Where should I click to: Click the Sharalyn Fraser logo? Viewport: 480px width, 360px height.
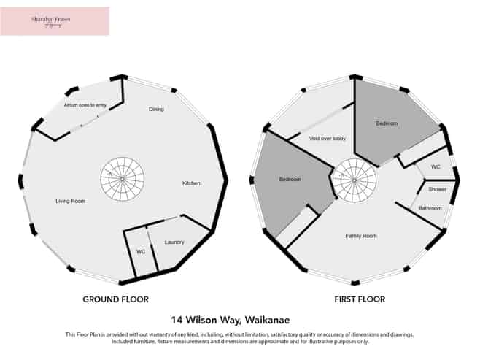tap(55, 21)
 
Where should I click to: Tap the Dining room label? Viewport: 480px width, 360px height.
tap(156, 110)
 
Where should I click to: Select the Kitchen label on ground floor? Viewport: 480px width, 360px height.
tap(191, 183)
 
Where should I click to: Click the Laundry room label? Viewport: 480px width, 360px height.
tap(174, 242)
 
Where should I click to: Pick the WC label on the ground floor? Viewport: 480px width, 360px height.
tap(141, 252)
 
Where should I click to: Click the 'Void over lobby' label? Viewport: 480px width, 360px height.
tap(328, 138)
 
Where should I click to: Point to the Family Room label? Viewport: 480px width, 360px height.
tap(360, 236)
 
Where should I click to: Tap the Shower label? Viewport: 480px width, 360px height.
tap(438, 189)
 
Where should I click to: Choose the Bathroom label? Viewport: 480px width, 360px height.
tap(430, 208)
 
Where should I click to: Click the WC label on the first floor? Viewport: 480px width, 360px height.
tap(436, 167)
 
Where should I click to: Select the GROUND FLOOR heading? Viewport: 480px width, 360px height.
tap(115, 299)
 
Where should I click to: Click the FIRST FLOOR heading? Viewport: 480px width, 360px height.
tap(360, 299)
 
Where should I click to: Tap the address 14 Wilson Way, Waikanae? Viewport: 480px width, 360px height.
tap(239, 319)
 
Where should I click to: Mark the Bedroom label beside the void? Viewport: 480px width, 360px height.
tap(290, 179)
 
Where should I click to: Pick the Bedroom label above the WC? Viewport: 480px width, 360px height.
tap(387, 123)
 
